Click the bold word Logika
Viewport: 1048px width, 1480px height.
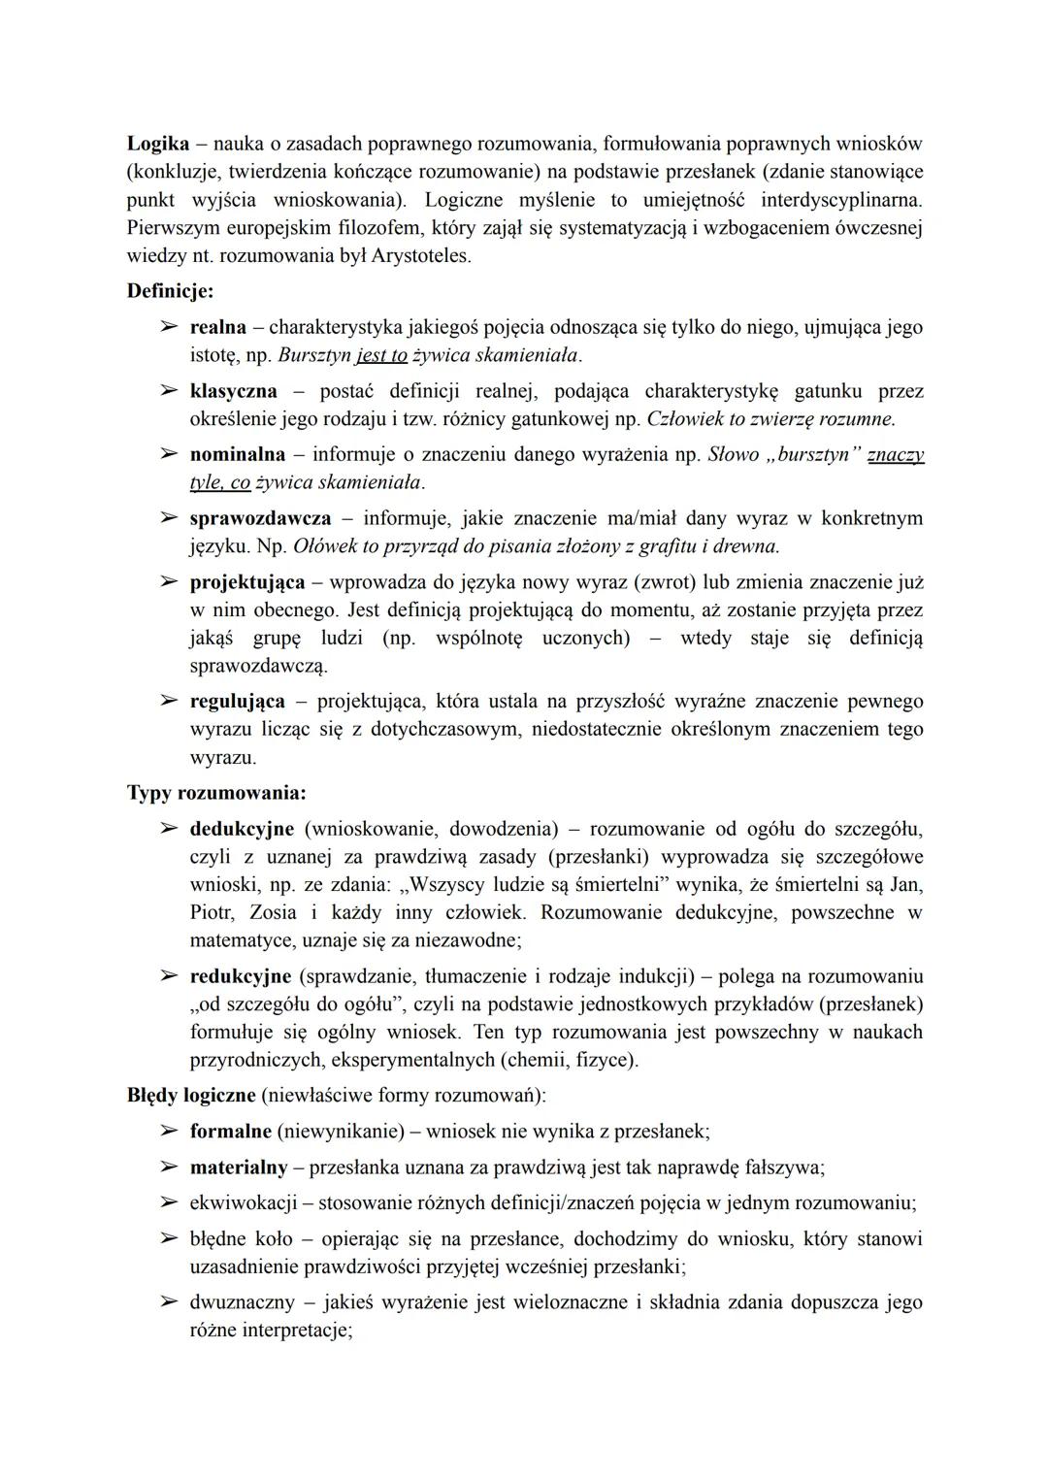[x=157, y=144]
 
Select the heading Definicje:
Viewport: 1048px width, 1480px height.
[x=170, y=290]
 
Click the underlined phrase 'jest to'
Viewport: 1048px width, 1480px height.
[x=381, y=355]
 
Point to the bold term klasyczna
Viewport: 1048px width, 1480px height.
[x=233, y=391]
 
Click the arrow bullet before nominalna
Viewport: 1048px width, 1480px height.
[x=169, y=454]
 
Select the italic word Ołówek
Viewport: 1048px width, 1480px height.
[x=324, y=546]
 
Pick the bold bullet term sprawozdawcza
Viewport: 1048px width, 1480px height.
[x=260, y=518]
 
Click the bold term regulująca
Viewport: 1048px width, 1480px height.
[x=238, y=701]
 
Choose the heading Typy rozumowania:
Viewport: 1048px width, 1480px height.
[x=216, y=793]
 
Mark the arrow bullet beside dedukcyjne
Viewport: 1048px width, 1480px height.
[x=169, y=829]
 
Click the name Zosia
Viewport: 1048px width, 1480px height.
[x=274, y=912]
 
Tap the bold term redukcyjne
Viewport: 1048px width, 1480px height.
[x=241, y=976]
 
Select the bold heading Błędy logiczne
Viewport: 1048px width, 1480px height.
[x=191, y=1096]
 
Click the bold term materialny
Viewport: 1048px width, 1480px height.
[x=239, y=1168]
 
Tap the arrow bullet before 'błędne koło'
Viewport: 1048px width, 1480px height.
[x=169, y=1239]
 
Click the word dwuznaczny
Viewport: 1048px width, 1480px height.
[x=242, y=1302]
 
